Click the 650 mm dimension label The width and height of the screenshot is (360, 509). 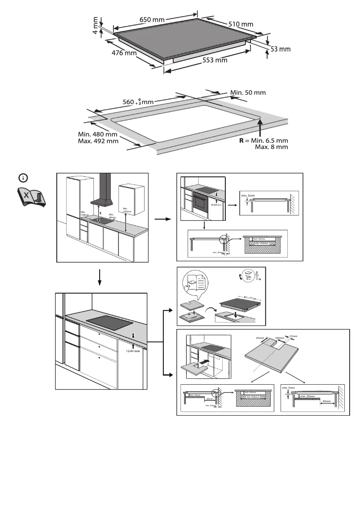point(152,20)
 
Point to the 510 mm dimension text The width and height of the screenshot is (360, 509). point(241,23)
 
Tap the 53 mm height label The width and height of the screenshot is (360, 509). point(281,49)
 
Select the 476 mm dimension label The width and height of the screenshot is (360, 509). point(124,53)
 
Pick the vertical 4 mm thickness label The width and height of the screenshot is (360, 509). point(96,26)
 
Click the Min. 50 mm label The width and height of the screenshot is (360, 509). point(248,92)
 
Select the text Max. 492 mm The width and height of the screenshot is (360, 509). point(98,141)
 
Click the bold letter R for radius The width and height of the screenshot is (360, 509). point(241,140)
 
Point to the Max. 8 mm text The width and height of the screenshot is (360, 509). point(271,147)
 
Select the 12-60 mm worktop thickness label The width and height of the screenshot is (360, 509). point(132,351)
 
